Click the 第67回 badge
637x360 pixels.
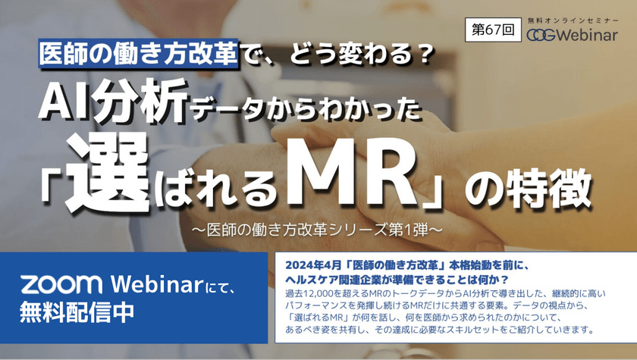point(493,33)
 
